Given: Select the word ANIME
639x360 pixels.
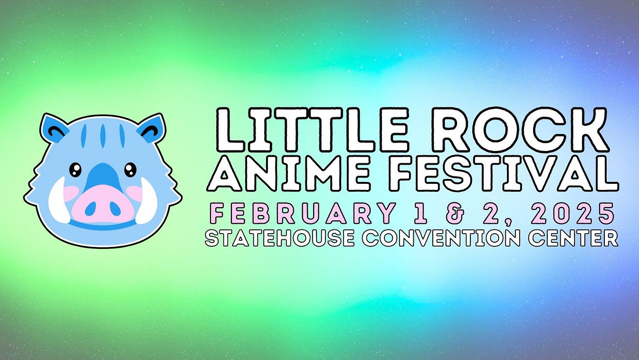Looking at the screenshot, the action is pyautogui.click(x=288, y=173).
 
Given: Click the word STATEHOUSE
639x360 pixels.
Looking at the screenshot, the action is pyautogui.click(x=280, y=238).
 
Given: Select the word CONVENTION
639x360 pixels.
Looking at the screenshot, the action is pyautogui.click(x=441, y=238).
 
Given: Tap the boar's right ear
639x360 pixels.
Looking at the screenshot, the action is pyautogui.click(x=151, y=128).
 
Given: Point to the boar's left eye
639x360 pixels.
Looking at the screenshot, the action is pyautogui.click(x=76, y=170).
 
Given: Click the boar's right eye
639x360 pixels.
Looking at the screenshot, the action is pyautogui.click(x=130, y=170).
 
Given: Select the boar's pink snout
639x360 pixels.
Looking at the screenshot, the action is pyautogui.click(x=103, y=203).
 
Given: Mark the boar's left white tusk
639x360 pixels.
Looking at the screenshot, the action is pyautogui.click(x=58, y=200).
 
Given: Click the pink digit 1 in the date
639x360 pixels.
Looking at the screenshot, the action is pyautogui.click(x=421, y=213).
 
